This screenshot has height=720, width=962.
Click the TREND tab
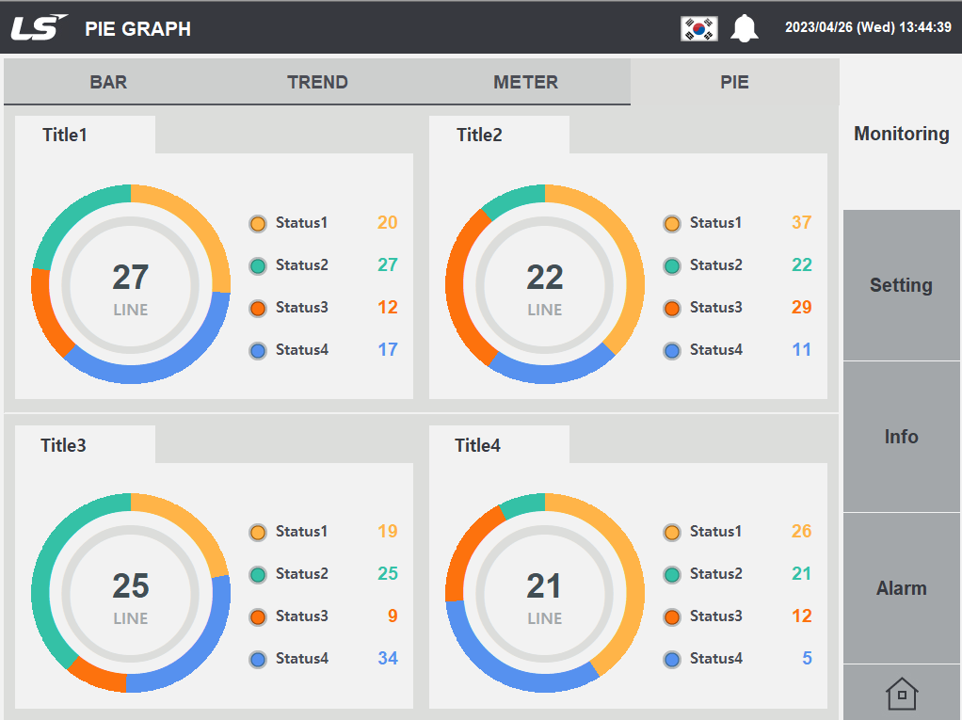pyautogui.click(x=317, y=82)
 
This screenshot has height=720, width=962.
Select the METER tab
pyautogui.click(x=525, y=82)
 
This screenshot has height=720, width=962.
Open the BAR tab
pyautogui.click(x=108, y=82)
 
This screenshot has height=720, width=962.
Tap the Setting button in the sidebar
pyautogui.click(x=901, y=285)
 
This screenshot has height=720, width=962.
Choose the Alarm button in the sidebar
pyautogui.click(x=901, y=588)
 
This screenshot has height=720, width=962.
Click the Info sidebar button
pyautogui.click(x=901, y=437)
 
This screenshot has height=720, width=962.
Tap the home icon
pyautogui.click(x=901, y=695)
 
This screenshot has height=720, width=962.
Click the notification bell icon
pyautogui.click(x=745, y=28)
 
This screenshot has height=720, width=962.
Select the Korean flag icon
pyautogui.click(x=699, y=28)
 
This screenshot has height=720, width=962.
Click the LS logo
pyautogui.click(x=39, y=27)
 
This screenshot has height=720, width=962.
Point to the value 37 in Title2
pyautogui.click(x=801, y=223)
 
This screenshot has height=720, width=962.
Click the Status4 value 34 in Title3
pyautogui.click(x=388, y=659)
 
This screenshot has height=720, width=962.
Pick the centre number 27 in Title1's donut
pyautogui.click(x=131, y=277)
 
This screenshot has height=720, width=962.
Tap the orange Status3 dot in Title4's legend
pyautogui.click(x=672, y=617)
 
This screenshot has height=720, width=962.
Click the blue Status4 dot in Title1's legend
pyautogui.click(x=258, y=351)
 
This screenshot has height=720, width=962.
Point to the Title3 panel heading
pyautogui.click(x=64, y=445)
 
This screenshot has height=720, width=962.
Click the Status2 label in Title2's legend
pyautogui.click(x=715, y=265)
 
